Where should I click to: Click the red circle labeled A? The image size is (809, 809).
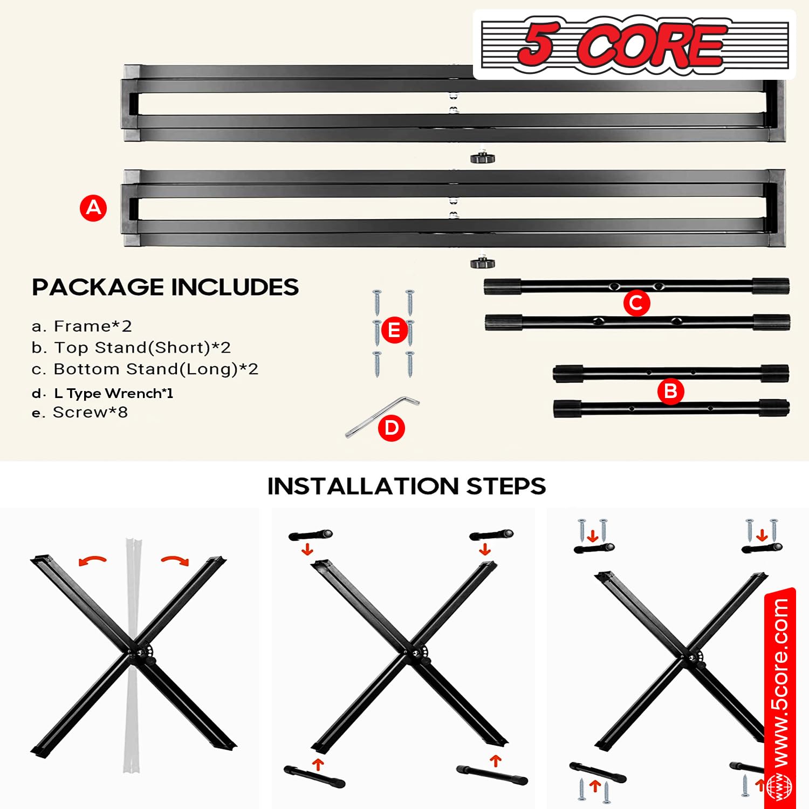pyautogui.click(x=93, y=208)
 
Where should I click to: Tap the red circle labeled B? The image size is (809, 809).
pyautogui.click(x=671, y=391)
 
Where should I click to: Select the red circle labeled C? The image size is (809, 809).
pyautogui.click(x=636, y=303)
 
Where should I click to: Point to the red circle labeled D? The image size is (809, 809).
pyautogui.click(x=392, y=428)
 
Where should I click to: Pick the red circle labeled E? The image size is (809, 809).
pyautogui.click(x=394, y=330)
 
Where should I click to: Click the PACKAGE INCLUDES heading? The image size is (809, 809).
pyautogui.click(x=165, y=287)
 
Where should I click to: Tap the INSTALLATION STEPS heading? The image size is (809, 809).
pyautogui.click(x=407, y=486)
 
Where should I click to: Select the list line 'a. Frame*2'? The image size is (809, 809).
pyautogui.click(x=81, y=326)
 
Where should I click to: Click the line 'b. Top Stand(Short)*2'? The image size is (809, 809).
pyautogui.click(x=131, y=348)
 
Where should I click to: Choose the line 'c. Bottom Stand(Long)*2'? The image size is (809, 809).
pyautogui.click(x=145, y=369)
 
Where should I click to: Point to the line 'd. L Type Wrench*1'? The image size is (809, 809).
pyautogui.click(x=102, y=393)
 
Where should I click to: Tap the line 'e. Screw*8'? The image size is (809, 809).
pyautogui.click(x=80, y=413)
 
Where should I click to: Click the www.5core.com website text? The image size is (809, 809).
pyautogui.click(x=780, y=682)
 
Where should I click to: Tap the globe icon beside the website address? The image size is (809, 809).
pyautogui.click(x=779, y=786)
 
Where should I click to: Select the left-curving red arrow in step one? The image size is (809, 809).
pyautogui.click(x=92, y=561)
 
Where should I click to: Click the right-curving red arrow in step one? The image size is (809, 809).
pyautogui.click(x=175, y=561)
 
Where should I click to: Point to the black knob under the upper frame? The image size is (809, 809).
pyautogui.click(x=483, y=158)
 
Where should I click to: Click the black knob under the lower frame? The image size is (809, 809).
pyautogui.click(x=483, y=263)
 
